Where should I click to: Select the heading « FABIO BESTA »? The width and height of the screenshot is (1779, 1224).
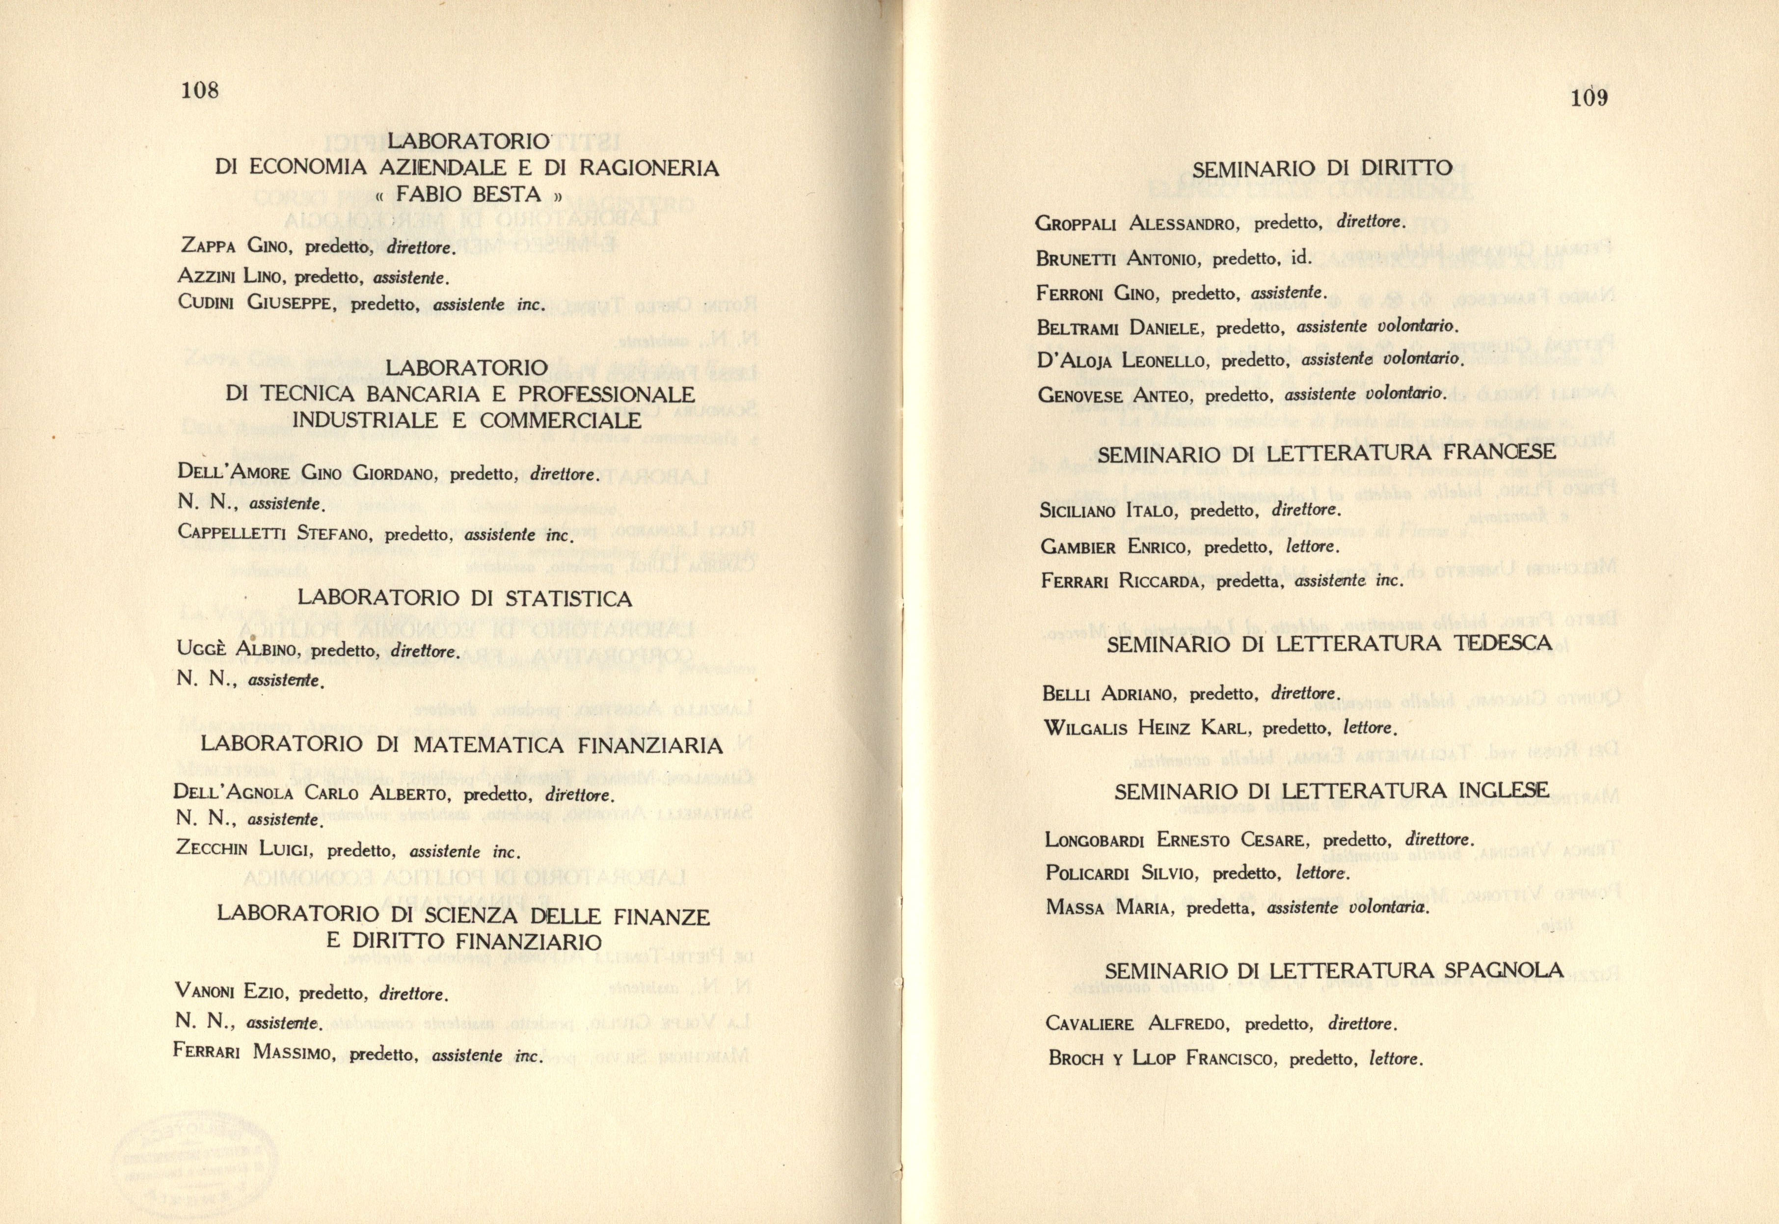[x=467, y=195]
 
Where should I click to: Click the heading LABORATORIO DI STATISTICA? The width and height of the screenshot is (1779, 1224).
[x=465, y=598]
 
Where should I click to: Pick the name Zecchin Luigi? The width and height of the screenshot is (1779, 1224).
[x=243, y=848]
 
